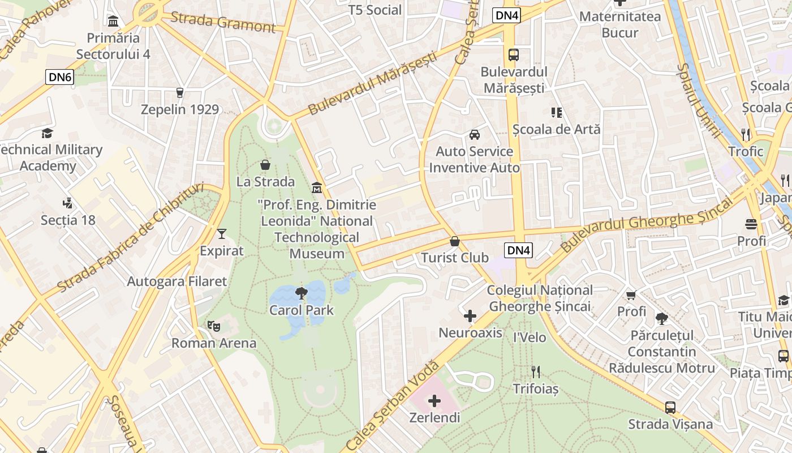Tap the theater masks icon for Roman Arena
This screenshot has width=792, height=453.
tap(214, 326)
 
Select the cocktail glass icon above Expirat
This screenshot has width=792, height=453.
tap(221, 233)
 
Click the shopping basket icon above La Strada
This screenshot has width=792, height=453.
tap(265, 165)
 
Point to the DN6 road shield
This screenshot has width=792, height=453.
tap(60, 77)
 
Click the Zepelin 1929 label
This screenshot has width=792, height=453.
tap(180, 109)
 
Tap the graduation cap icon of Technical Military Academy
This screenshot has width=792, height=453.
tap(47, 133)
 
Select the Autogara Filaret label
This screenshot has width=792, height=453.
tap(177, 281)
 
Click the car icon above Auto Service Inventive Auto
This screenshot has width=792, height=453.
tap(474, 135)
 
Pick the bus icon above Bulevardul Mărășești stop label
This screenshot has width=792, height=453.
tap(513, 55)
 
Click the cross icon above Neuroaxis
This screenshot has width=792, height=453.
tap(470, 316)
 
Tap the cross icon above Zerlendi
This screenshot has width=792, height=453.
tap(434, 401)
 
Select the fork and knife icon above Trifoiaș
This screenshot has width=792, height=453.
tap(535, 372)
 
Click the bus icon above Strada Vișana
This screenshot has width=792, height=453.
tap(670, 407)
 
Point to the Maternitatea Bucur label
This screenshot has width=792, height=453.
tap(620, 24)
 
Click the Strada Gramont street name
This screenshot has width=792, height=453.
tap(223, 22)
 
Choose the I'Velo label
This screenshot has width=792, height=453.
tap(530, 337)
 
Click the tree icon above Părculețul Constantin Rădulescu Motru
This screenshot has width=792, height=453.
tap(661, 319)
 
